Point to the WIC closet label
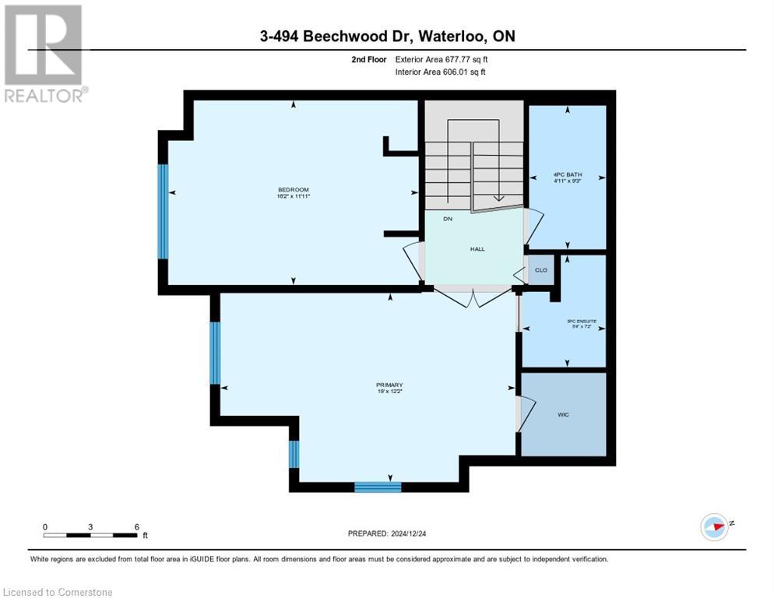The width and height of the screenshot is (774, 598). coord(563,414)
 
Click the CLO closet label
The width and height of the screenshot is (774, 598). coord(540,270)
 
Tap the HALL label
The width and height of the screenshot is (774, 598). coord(477,249)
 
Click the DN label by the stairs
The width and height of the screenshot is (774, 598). coord(448,220)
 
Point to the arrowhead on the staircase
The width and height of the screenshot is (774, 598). coord(498,199)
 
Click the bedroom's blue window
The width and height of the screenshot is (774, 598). coord(163,211)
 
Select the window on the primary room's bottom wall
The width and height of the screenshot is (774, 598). coord(378,487)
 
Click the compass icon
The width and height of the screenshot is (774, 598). coord(714,526)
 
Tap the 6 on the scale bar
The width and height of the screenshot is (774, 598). coord(137,526)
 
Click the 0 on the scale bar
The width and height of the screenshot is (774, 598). coord(45,526)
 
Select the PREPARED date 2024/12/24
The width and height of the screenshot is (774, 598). coord(388,533)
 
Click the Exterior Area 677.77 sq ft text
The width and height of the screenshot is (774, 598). coord(442,59)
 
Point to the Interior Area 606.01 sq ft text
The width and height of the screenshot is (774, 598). coord(441,72)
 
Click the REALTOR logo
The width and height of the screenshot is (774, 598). coord(44,53)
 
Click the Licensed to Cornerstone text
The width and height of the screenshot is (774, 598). coord(58,592)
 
